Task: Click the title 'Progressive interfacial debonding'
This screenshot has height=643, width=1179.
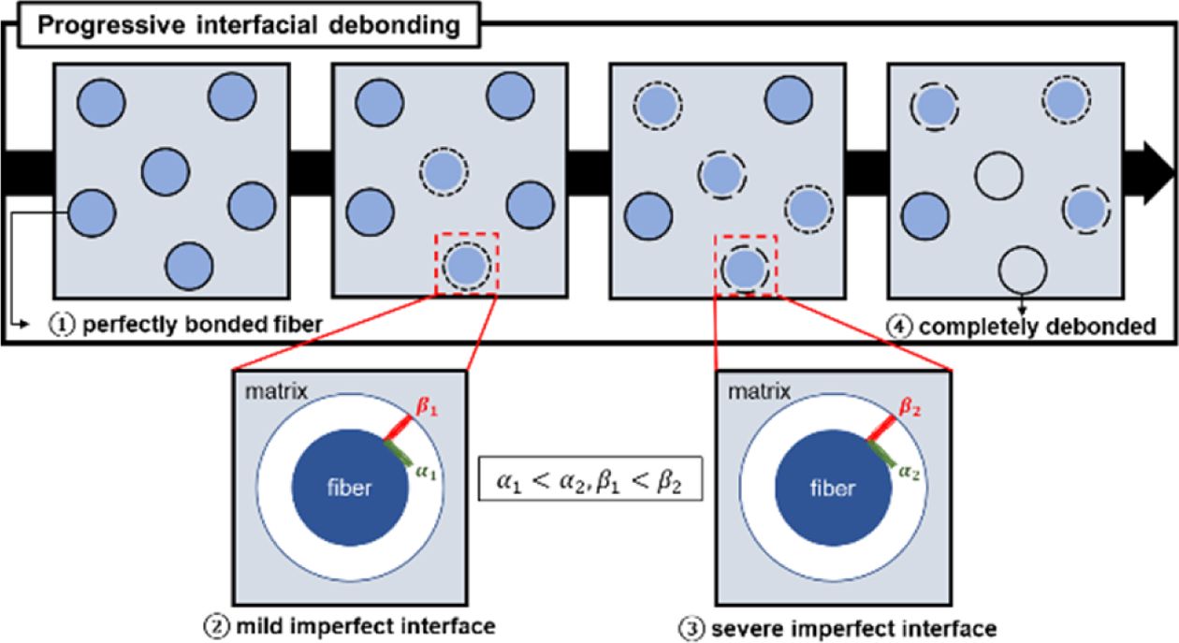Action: [248, 24]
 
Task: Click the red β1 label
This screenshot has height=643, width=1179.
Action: [428, 409]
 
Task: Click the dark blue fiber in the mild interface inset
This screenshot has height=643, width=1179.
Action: [350, 488]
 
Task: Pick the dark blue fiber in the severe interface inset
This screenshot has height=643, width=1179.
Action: [833, 488]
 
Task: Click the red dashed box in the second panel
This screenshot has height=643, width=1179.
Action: [467, 264]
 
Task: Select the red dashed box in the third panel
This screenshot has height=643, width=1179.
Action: [746, 265]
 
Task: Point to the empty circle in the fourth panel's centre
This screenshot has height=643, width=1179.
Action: [998, 176]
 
